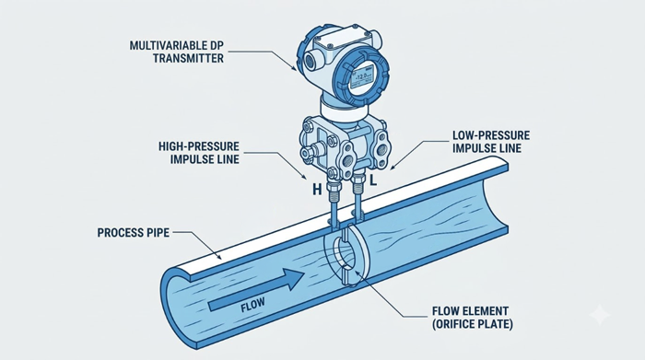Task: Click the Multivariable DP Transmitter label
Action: coord(177,52)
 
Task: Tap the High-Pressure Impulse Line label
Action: coord(199,153)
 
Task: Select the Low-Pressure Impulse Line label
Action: coord(491,142)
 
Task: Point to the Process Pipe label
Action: coord(134,233)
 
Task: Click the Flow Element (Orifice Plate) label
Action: coord(473,318)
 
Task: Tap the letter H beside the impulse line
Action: coord(317,190)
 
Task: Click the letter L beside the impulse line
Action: coord(373,180)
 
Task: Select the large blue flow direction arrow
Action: coord(257,289)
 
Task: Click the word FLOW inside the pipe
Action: coord(252,305)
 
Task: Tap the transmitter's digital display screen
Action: coord(361,77)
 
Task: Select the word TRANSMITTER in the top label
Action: coord(188,58)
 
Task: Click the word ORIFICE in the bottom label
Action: coord(456,324)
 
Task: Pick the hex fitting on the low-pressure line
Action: coord(358,180)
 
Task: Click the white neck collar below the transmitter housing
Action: coord(342,108)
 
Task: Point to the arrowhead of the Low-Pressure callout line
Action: coord(392,168)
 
